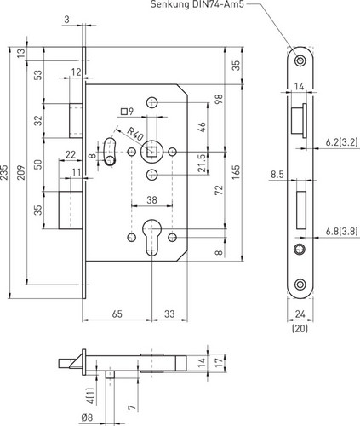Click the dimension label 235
pos(4,172)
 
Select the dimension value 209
pos(21,172)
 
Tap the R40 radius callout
pos(134,134)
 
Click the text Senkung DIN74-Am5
pos(197,4)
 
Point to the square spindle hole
pos(152,152)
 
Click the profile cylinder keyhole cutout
pos(152,237)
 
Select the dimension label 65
pos(117,314)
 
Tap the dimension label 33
pos(169,314)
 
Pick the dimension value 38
pos(151,200)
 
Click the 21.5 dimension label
pos(202,163)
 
